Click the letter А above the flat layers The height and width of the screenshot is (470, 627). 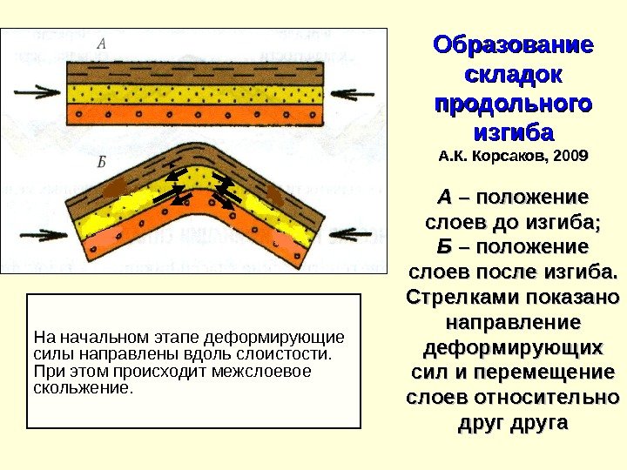point(103,43)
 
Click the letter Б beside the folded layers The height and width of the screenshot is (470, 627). point(102,161)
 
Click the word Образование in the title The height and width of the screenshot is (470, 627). point(513,45)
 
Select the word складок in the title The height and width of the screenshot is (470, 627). point(513,75)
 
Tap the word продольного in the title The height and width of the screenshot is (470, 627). point(513,104)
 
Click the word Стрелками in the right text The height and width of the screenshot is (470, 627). point(462,298)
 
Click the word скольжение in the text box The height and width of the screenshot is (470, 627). point(83,386)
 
